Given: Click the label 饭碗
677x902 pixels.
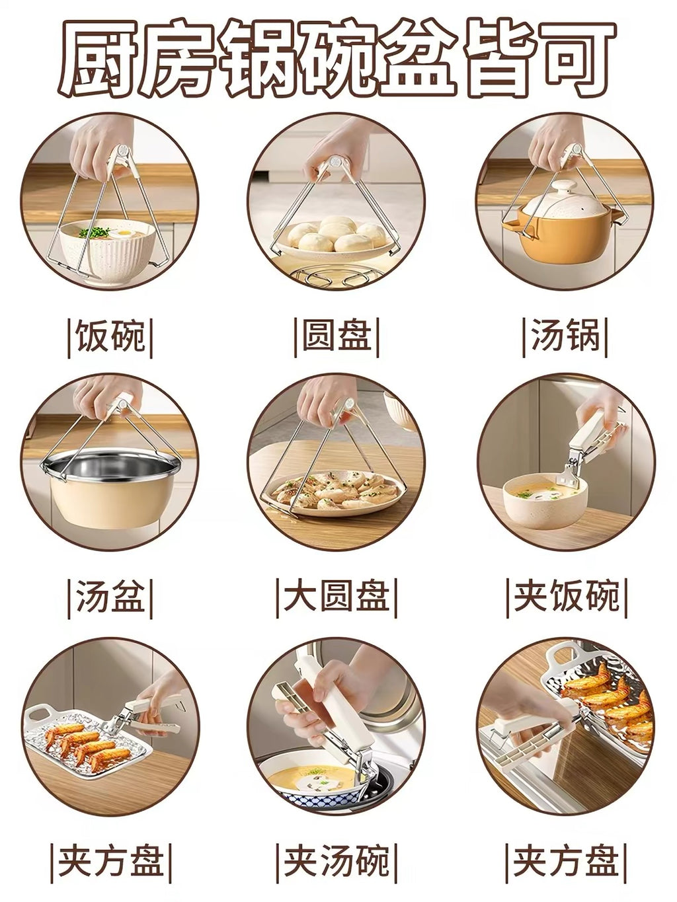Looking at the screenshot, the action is [110, 337].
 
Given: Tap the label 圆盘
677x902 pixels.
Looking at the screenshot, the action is [337, 337].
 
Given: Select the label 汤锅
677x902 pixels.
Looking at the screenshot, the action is [565, 337].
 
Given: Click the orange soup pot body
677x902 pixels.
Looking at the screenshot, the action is [567, 239].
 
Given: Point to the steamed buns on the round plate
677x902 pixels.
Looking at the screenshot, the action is [337, 235].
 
